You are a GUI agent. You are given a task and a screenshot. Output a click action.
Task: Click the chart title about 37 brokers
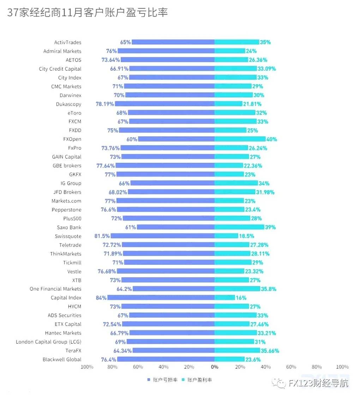[x=87, y=13]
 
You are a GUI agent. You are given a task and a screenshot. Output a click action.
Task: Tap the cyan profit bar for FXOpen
[x=240, y=139]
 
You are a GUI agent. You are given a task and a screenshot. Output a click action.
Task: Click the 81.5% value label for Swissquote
[x=102, y=236]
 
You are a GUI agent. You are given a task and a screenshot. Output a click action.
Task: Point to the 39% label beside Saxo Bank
[x=270, y=227]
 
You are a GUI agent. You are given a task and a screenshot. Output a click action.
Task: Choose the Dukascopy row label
[x=68, y=104]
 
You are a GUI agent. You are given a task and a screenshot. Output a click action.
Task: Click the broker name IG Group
[x=71, y=183]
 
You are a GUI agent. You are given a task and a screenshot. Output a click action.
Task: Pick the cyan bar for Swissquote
[x=226, y=236]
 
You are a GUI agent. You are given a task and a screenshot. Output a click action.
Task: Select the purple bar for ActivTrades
[x=173, y=42]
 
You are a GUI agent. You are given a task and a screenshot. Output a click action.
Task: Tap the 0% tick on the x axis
[x=215, y=367]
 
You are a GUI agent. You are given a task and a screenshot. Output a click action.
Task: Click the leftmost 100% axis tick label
[x=87, y=367]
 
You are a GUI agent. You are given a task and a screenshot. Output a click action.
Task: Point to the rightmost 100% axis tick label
[x=342, y=367]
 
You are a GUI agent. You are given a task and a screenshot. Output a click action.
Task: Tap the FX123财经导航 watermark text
[x=318, y=383]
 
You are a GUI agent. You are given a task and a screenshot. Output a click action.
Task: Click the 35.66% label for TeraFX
[x=270, y=351]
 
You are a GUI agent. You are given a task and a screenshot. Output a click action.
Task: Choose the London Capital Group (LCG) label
[x=48, y=342]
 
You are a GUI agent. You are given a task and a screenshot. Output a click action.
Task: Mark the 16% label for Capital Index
[x=241, y=298]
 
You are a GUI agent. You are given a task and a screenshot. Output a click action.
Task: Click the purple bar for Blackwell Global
[x=166, y=359]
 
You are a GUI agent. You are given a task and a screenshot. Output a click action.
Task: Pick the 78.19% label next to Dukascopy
[x=105, y=104]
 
